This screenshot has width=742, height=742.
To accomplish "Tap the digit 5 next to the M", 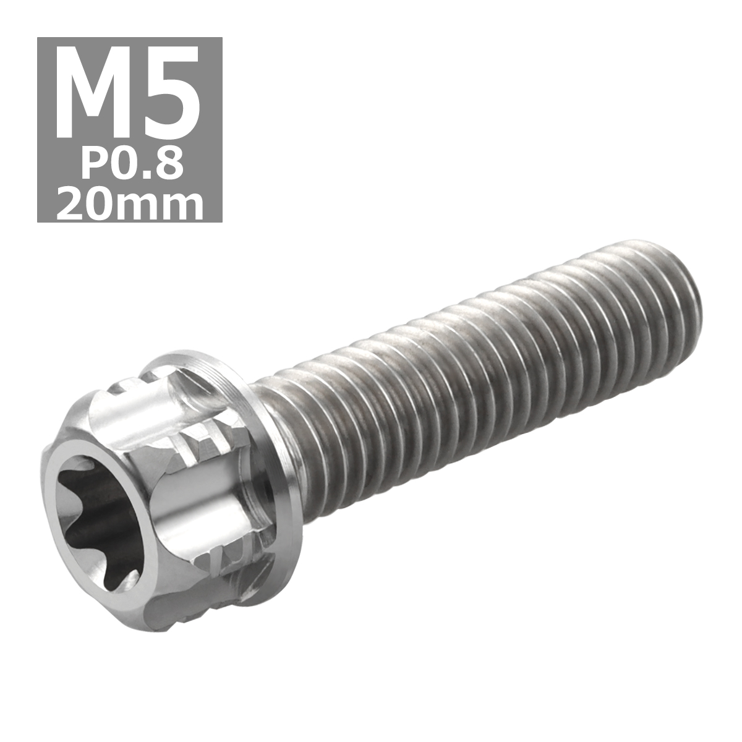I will [171, 93].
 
